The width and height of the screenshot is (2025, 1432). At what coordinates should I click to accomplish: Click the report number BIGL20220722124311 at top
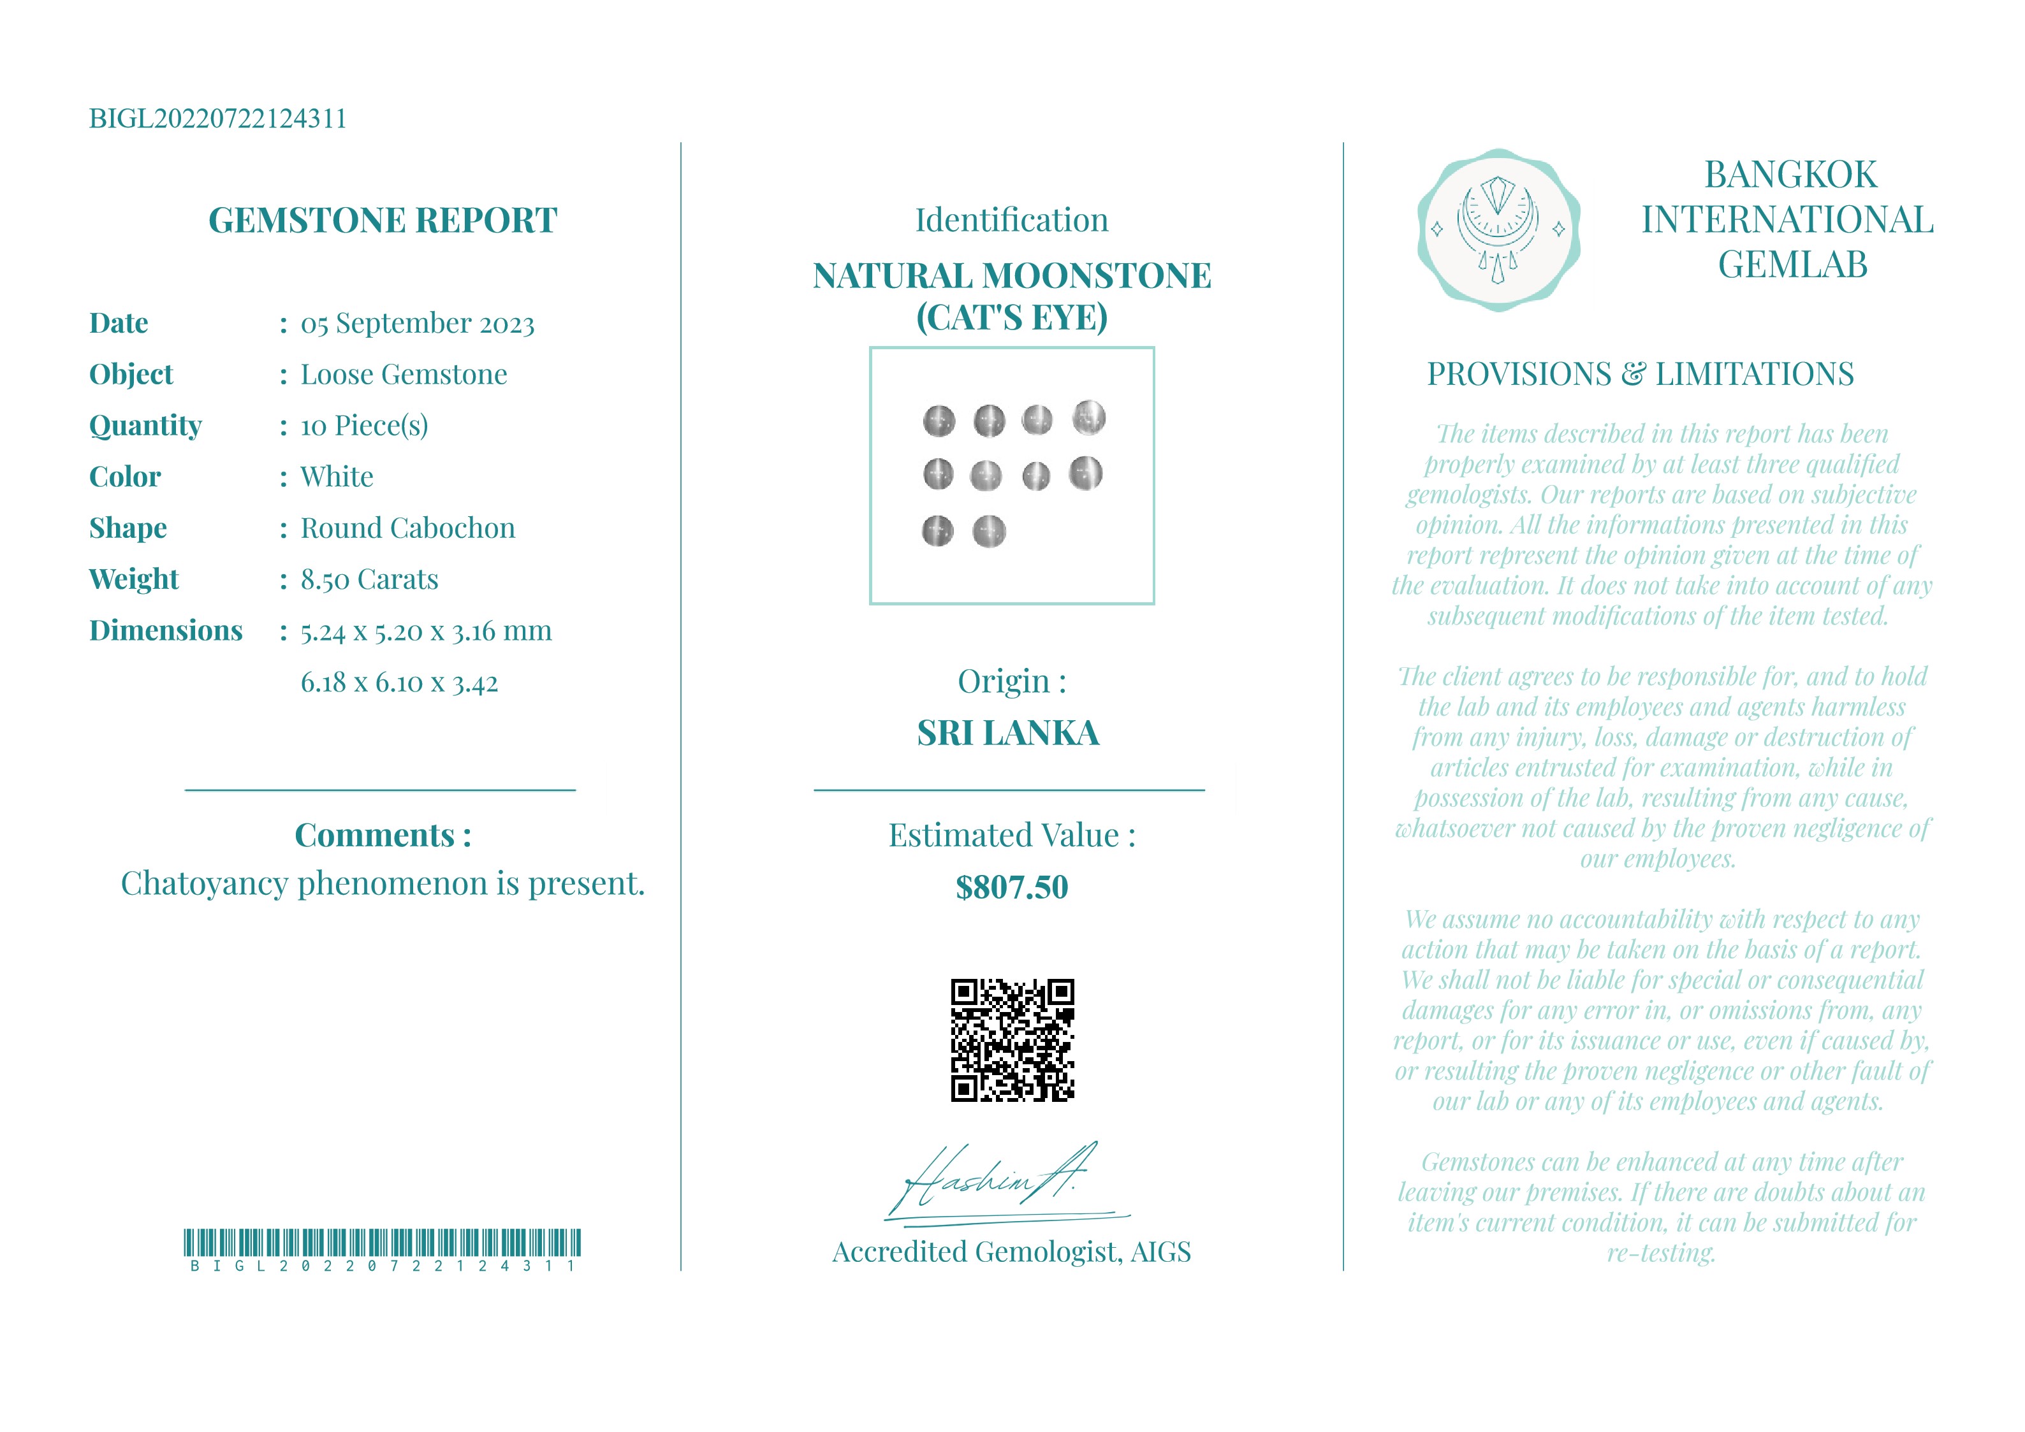[218, 119]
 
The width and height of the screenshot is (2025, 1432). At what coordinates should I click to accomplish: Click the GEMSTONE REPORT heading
[382, 221]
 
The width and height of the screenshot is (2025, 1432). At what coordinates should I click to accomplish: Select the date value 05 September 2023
[417, 324]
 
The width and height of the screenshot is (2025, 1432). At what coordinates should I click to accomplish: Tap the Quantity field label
[145, 426]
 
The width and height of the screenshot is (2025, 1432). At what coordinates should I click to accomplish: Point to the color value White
[337, 477]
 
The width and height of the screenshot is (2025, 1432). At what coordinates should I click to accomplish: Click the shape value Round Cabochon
[407, 528]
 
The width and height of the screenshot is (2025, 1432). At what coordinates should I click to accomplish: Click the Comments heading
[382, 835]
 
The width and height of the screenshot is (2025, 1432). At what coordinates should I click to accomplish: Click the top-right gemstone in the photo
[1088, 417]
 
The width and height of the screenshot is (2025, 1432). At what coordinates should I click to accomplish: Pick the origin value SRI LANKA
[1008, 734]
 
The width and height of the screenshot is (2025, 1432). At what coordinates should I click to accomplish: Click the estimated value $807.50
[1012, 887]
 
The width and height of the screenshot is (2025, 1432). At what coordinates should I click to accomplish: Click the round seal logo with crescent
[1498, 230]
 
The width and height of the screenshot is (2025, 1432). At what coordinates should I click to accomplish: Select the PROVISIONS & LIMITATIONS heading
[1640, 375]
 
